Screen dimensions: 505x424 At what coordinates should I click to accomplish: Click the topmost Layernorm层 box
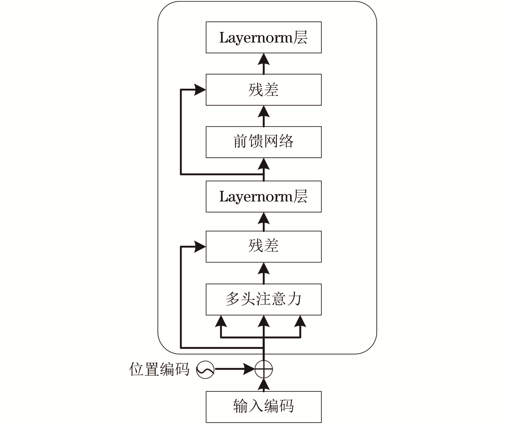click(263, 37)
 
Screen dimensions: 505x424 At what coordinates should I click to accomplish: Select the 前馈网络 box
click(263, 142)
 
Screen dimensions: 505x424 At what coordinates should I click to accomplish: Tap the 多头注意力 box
click(263, 299)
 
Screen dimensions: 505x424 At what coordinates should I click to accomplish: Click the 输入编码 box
click(263, 407)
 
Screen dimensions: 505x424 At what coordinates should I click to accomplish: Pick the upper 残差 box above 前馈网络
click(263, 90)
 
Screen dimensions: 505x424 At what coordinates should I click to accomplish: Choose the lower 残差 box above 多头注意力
click(263, 247)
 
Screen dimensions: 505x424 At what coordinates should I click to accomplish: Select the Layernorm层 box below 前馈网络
click(263, 196)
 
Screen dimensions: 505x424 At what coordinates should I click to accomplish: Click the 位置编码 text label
click(159, 369)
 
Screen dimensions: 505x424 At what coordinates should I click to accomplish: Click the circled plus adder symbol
click(263, 369)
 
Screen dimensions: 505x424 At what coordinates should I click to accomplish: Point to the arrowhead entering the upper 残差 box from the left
click(200, 90)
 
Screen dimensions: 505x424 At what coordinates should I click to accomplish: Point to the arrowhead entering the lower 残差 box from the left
click(200, 247)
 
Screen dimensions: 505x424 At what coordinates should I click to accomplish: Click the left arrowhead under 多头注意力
click(221, 321)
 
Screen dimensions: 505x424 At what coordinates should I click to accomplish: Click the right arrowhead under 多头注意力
click(300, 321)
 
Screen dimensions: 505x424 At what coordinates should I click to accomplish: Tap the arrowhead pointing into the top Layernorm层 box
click(263, 59)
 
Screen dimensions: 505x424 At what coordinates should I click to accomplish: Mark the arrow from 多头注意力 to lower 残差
click(263, 273)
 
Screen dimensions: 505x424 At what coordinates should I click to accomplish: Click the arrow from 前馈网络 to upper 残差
click(263, 116)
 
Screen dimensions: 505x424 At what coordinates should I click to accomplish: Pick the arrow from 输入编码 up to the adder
click(263, 385)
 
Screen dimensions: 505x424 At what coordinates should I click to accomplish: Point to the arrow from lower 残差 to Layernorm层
click(263, 222)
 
